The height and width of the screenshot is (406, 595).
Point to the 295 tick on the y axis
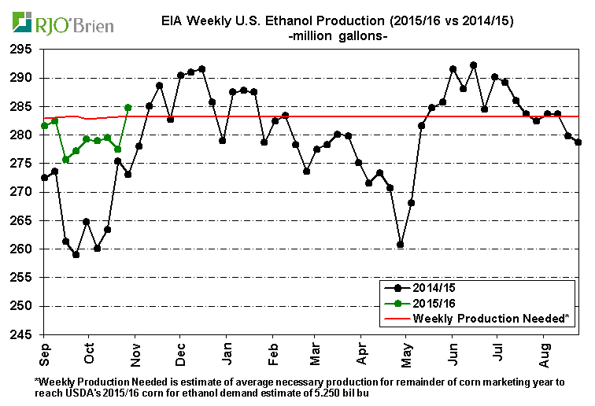click(21, 49)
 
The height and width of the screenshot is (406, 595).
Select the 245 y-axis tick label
click(21, 334)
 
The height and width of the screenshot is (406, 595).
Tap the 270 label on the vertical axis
click(21, 192)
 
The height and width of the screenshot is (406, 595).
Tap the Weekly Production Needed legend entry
click(480, 317)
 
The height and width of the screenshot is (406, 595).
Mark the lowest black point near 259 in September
click(76, 254)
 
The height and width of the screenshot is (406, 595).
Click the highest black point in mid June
click(473, 65)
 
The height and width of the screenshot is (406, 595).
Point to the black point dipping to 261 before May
click(401, 245)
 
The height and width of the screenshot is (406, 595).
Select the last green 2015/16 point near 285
click(128, 107)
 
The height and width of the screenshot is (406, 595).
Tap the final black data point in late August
click(578, 142)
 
